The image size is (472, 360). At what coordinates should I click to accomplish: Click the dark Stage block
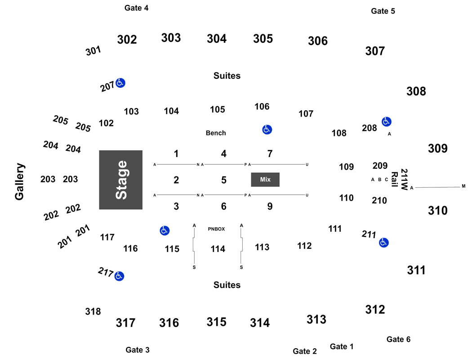click(121, 180)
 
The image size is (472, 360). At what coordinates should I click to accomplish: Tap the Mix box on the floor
click(265, 180)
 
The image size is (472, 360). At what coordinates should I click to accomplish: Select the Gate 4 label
click(136, 8)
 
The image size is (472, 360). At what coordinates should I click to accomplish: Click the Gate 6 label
click(398, 339)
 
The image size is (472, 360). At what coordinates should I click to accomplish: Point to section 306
click(317, 41)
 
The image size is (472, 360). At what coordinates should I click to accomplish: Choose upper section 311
click(416, 270)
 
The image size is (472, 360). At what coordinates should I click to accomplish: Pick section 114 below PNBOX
click(218, 249)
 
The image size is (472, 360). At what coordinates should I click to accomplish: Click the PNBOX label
click(216, 229)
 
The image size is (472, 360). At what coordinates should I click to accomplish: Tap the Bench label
click(216, 133)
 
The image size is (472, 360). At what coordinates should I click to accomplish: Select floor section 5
click(224, 180)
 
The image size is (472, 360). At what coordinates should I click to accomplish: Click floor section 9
click(270, 207)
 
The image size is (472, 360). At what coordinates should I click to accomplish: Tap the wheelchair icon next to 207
click(120, 82)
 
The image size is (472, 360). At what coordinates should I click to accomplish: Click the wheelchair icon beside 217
click(119, 276)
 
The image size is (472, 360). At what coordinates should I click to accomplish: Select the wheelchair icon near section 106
click(267, 130)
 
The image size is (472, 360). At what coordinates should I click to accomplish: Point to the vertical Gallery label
click(20, 181)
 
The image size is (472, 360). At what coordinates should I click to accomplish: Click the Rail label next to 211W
click(395, 179)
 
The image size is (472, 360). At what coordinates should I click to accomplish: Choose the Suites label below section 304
click(227, 76)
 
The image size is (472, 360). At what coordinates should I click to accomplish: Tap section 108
click(339, 133)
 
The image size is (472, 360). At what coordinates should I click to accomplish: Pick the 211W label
click(404, 180)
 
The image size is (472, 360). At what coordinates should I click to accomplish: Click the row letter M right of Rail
click(463, 186)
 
